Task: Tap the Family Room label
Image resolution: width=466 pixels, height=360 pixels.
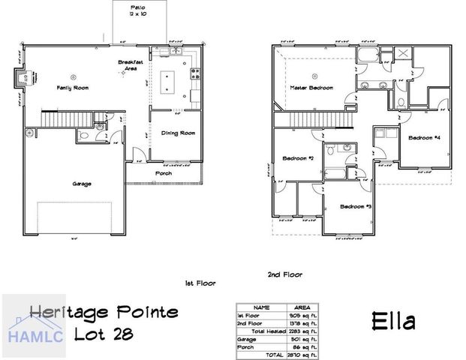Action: [x=74, y=88]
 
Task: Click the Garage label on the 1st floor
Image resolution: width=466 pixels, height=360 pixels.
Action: [x=83, y=183]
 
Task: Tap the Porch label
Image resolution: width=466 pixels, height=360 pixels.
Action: [x=163, y=173]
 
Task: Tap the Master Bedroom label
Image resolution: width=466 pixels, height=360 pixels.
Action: [x=311, y=88]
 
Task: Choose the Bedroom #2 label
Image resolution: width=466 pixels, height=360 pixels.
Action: [x=298, y=158]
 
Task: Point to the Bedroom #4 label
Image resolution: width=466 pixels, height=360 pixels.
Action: [x=424, y=138]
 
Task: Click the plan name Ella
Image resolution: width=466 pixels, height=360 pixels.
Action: [x=393, y=322]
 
